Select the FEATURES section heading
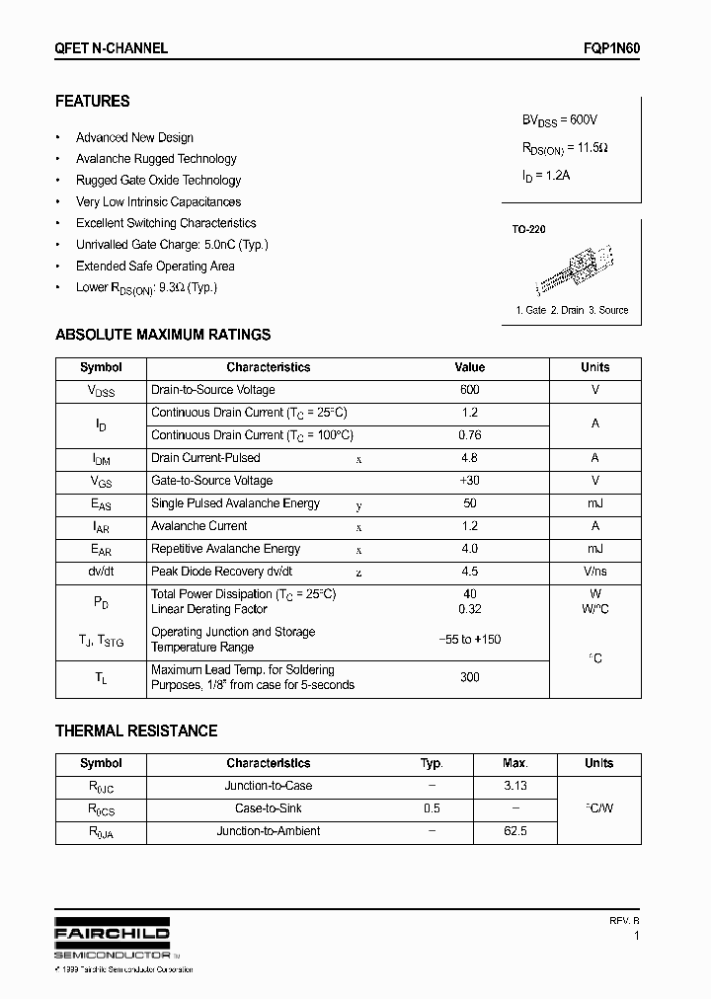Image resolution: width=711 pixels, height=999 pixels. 92,102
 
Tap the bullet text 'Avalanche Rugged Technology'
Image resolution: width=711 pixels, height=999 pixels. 156,159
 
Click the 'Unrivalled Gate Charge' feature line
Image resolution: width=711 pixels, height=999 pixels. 172,245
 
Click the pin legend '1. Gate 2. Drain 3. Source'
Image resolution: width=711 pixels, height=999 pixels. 572,310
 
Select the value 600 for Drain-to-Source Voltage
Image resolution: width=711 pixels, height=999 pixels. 469,390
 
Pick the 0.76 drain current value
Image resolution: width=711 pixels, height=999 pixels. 469,435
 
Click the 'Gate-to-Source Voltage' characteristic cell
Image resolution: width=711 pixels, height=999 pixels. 211,481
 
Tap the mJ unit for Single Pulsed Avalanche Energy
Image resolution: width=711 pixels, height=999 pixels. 594,503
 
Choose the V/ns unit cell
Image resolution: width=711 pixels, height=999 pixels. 594,572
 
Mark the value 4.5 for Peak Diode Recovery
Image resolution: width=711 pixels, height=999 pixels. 469,572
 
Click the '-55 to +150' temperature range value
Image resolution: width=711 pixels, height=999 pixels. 469,640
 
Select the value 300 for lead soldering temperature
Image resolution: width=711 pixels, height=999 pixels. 469,677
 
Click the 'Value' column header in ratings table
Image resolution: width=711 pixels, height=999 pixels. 469,367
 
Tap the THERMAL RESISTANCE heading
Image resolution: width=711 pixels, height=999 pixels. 136,731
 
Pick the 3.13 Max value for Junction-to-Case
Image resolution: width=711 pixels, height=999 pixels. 514,786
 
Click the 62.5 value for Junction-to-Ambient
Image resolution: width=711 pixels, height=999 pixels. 514,831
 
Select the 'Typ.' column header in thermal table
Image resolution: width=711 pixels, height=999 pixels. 432,763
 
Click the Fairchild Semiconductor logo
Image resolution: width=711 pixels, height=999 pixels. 112,941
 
